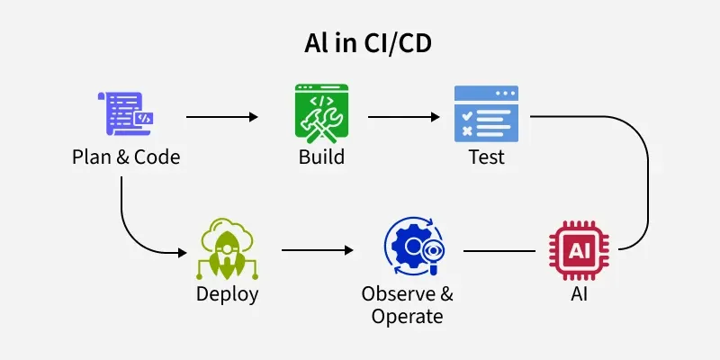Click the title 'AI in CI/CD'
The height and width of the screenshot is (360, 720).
(x=359, y=45)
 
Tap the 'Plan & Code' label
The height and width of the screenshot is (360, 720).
(x=126, y=157)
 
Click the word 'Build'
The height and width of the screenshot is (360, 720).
(x=321, y=157)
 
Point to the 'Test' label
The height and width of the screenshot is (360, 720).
(x=486, y=157)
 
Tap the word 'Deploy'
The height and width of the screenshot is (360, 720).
(x=228, y=294)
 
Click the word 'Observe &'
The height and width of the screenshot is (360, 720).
(x=407, y=294)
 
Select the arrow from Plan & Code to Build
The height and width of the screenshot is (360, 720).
(x=221, y=117)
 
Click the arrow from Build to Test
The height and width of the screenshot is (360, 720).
(x=403, y=117)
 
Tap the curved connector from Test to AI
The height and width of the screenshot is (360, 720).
(x=649, y=180)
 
